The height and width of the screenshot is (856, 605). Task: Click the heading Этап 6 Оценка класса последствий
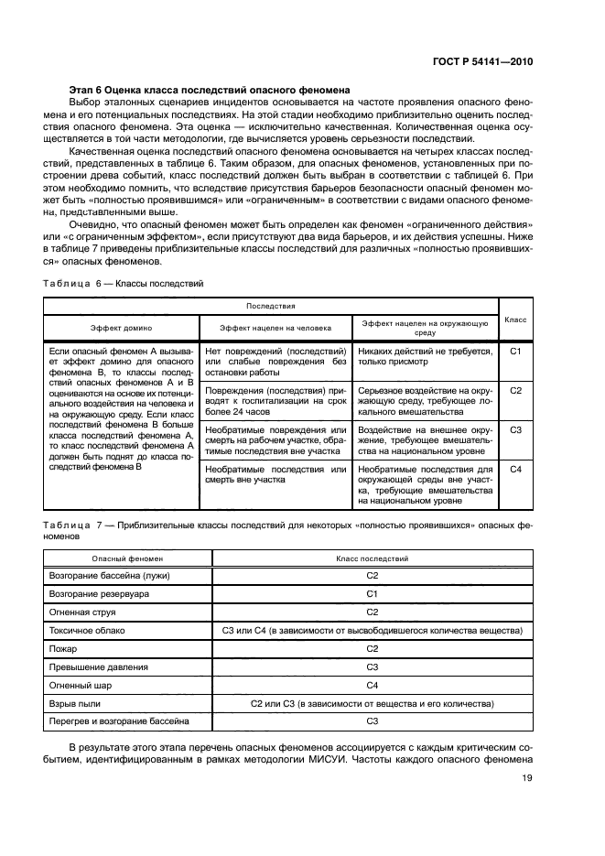pos(204,90)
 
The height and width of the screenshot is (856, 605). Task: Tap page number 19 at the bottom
pos(526,778)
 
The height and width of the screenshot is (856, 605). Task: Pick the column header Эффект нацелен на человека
pos(276,326)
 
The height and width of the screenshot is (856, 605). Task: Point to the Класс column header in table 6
pos(515,320)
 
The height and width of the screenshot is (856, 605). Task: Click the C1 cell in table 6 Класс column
pos(515,351)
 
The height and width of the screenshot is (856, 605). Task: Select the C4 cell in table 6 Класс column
pos(515,470)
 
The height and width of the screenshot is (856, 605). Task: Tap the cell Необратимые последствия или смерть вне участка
pos(276,475)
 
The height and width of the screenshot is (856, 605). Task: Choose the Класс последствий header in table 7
pos(372,558)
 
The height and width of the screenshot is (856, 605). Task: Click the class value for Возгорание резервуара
pos(372,593)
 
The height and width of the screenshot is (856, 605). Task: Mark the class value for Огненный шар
pos(372,685)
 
